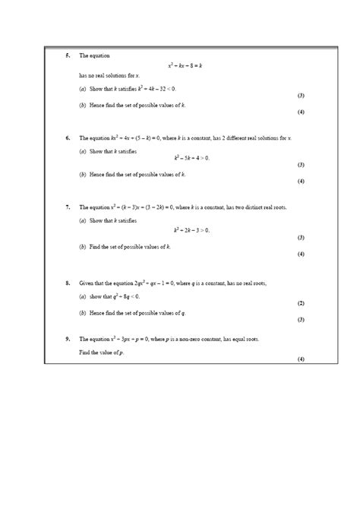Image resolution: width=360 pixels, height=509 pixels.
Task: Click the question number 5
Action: coord(68,55)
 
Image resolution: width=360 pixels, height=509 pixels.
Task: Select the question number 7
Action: coord(68,207)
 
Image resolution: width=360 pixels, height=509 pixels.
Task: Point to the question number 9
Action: coord(68,337)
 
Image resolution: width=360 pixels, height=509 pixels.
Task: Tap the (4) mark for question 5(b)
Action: coord(301,112)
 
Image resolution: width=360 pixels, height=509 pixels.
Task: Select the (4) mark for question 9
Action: coord(301,358)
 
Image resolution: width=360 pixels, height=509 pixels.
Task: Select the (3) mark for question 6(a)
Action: coord(301,164)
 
